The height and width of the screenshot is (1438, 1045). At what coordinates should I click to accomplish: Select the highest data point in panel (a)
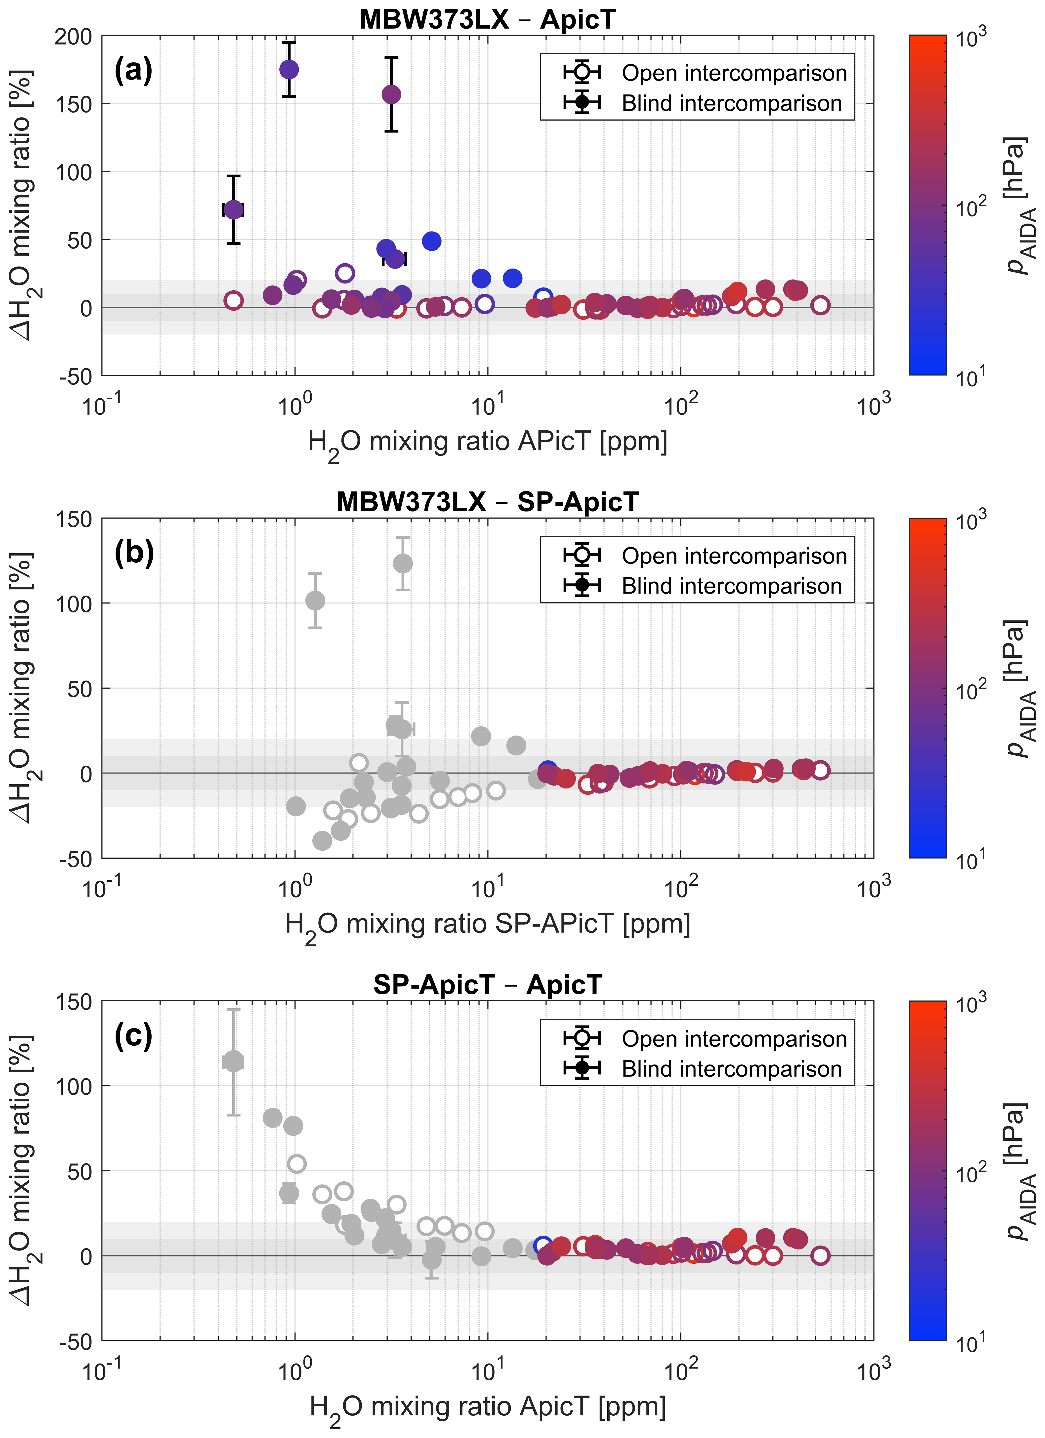289,70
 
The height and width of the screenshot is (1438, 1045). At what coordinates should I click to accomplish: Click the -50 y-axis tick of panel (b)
76,858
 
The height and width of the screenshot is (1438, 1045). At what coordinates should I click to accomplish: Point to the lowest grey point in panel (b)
322,841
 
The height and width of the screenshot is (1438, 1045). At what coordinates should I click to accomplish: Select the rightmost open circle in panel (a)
820,305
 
